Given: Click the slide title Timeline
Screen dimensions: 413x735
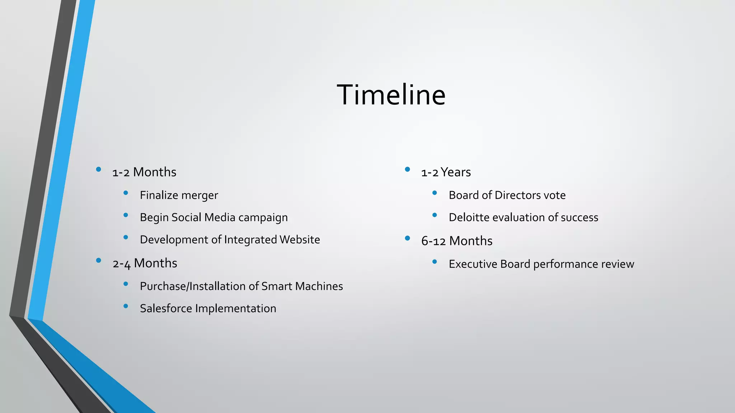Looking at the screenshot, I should click(x=391, y=95).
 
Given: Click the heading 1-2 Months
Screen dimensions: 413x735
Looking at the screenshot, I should click(x=144, y=172).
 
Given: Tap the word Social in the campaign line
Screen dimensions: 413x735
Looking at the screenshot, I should click(x=186, y=218).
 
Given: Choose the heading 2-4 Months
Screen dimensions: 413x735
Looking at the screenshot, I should click(x=145, y=264).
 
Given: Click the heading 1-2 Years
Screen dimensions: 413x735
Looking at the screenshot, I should click(x=446, y=172).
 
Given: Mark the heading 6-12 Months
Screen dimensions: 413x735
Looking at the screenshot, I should click(x=457, y=241).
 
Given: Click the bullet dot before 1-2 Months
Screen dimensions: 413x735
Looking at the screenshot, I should click(x=98, y=170).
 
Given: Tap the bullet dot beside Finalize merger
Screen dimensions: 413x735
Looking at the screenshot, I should click(x=126, y=193).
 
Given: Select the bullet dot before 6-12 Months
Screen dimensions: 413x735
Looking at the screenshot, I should click(x=407, y=238).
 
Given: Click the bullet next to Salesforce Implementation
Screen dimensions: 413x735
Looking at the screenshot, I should click(x=126, y=306).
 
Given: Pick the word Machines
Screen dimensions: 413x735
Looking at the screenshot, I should click(x=319, y=286).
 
